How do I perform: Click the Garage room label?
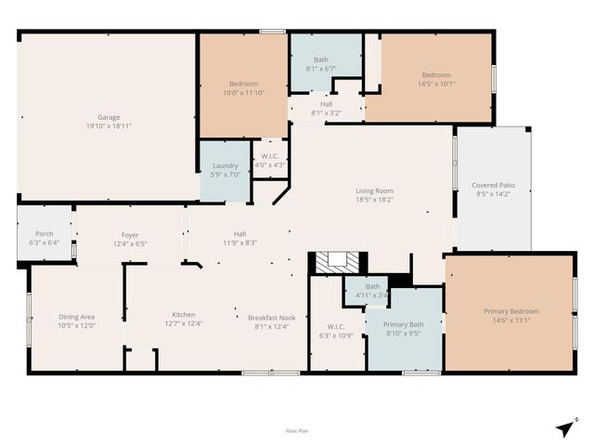click(x=109, y=117)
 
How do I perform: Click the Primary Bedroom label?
click(x=510, y=311)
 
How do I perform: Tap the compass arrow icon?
click(x=564, y=427)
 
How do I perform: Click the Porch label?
click(x=45, y=234)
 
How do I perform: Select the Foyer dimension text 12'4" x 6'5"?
click(x=129, y=244)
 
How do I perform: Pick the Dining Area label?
click(x=76, y=316)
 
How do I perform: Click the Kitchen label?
click(x=183, y=315)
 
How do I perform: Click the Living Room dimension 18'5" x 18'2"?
click(x=374, y=200)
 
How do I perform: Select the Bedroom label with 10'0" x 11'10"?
click(x=242, y=85)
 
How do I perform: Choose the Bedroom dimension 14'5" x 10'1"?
click(x=435, y=84)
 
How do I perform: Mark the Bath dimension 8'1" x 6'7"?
click(x=320, y=69)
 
